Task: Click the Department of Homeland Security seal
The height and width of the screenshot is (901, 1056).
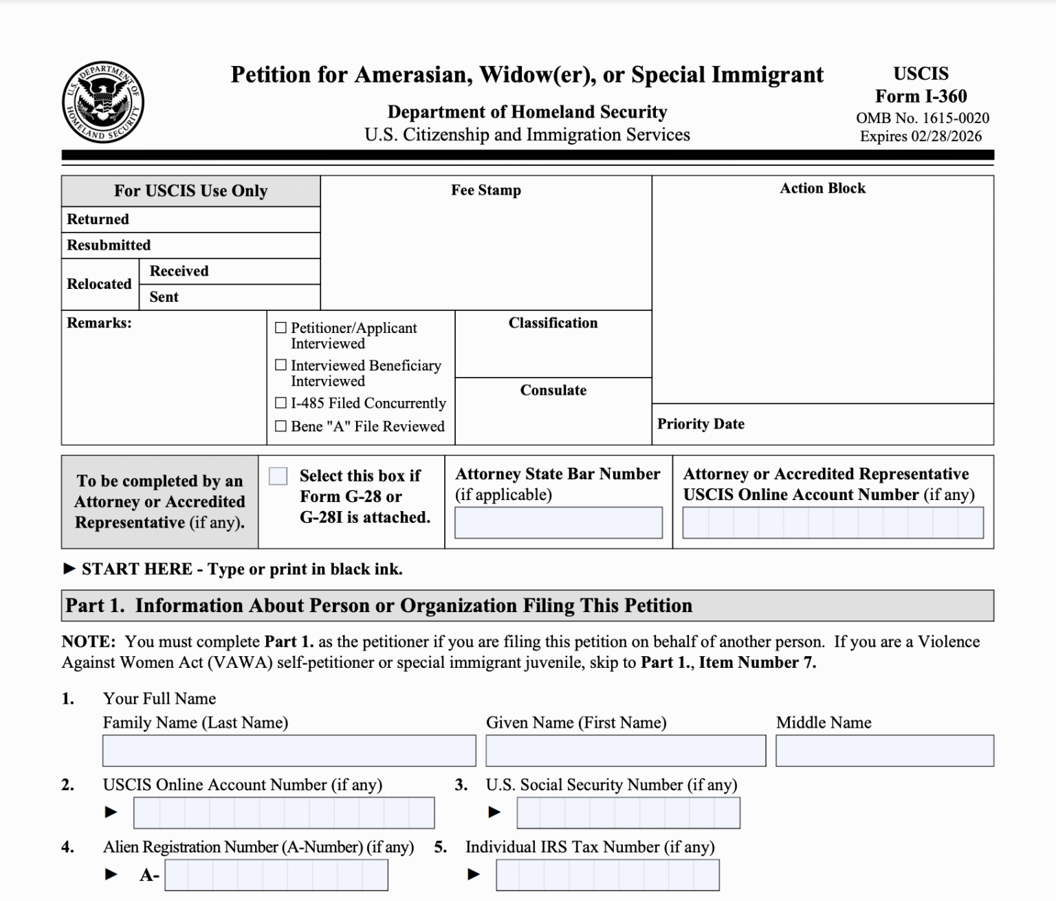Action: [x=102, y=102]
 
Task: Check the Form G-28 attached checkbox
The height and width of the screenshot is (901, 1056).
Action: [x=278, y=476]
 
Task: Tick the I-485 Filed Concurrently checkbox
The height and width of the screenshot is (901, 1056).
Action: [x=280, y=403]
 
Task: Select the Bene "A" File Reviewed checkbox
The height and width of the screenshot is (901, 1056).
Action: [x=280, y=426]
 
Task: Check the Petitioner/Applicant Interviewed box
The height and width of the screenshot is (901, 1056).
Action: [x=280, y=328]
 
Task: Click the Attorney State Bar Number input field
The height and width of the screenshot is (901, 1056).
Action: [x=558, y=523]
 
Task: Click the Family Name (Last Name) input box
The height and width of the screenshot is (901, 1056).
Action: [x=289, y=750]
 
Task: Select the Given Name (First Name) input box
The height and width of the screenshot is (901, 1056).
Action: [x=626, y=750]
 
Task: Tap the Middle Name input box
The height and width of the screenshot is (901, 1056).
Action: [x=884, y=750]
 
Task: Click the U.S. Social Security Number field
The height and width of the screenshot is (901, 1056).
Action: [x=628, y=813]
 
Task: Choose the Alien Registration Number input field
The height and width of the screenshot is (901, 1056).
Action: [x=276, y=875]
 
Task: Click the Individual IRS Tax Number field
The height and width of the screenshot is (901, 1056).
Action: [x=608, y=875]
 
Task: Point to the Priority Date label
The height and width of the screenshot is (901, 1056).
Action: [x=701, y=424]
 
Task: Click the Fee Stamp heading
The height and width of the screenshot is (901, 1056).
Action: [x=486, y=191]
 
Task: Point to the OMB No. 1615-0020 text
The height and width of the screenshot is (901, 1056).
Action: [x=922, y=118]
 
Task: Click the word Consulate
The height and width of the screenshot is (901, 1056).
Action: [x=553, y=390]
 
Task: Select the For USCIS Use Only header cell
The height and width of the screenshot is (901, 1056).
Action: [x=190, y=191]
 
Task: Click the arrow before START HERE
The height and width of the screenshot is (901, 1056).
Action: [x=69, y=569]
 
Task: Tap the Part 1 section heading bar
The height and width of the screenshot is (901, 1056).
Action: [x=527, y=605]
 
